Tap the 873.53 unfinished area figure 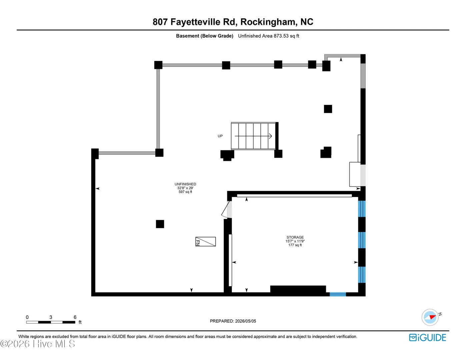pos(281,36)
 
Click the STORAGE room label pos(295,237)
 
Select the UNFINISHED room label pos(185,184)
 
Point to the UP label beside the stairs pos(220,136)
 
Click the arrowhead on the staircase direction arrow pos(271,136)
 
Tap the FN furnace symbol pos(205,242)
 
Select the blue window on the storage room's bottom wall pos(338,294)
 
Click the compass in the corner pos(430,317)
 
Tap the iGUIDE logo pos(427,337)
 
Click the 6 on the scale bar pos(75,317)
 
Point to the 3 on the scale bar pos(51,317)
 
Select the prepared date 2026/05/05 pos(246,321)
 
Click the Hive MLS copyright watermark pos(38,344)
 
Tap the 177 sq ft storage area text pos(295,245)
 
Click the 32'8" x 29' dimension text pos(185,188)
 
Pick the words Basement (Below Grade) pos(205,36)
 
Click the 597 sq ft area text pos(185,192)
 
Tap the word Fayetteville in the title pos(195,22)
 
